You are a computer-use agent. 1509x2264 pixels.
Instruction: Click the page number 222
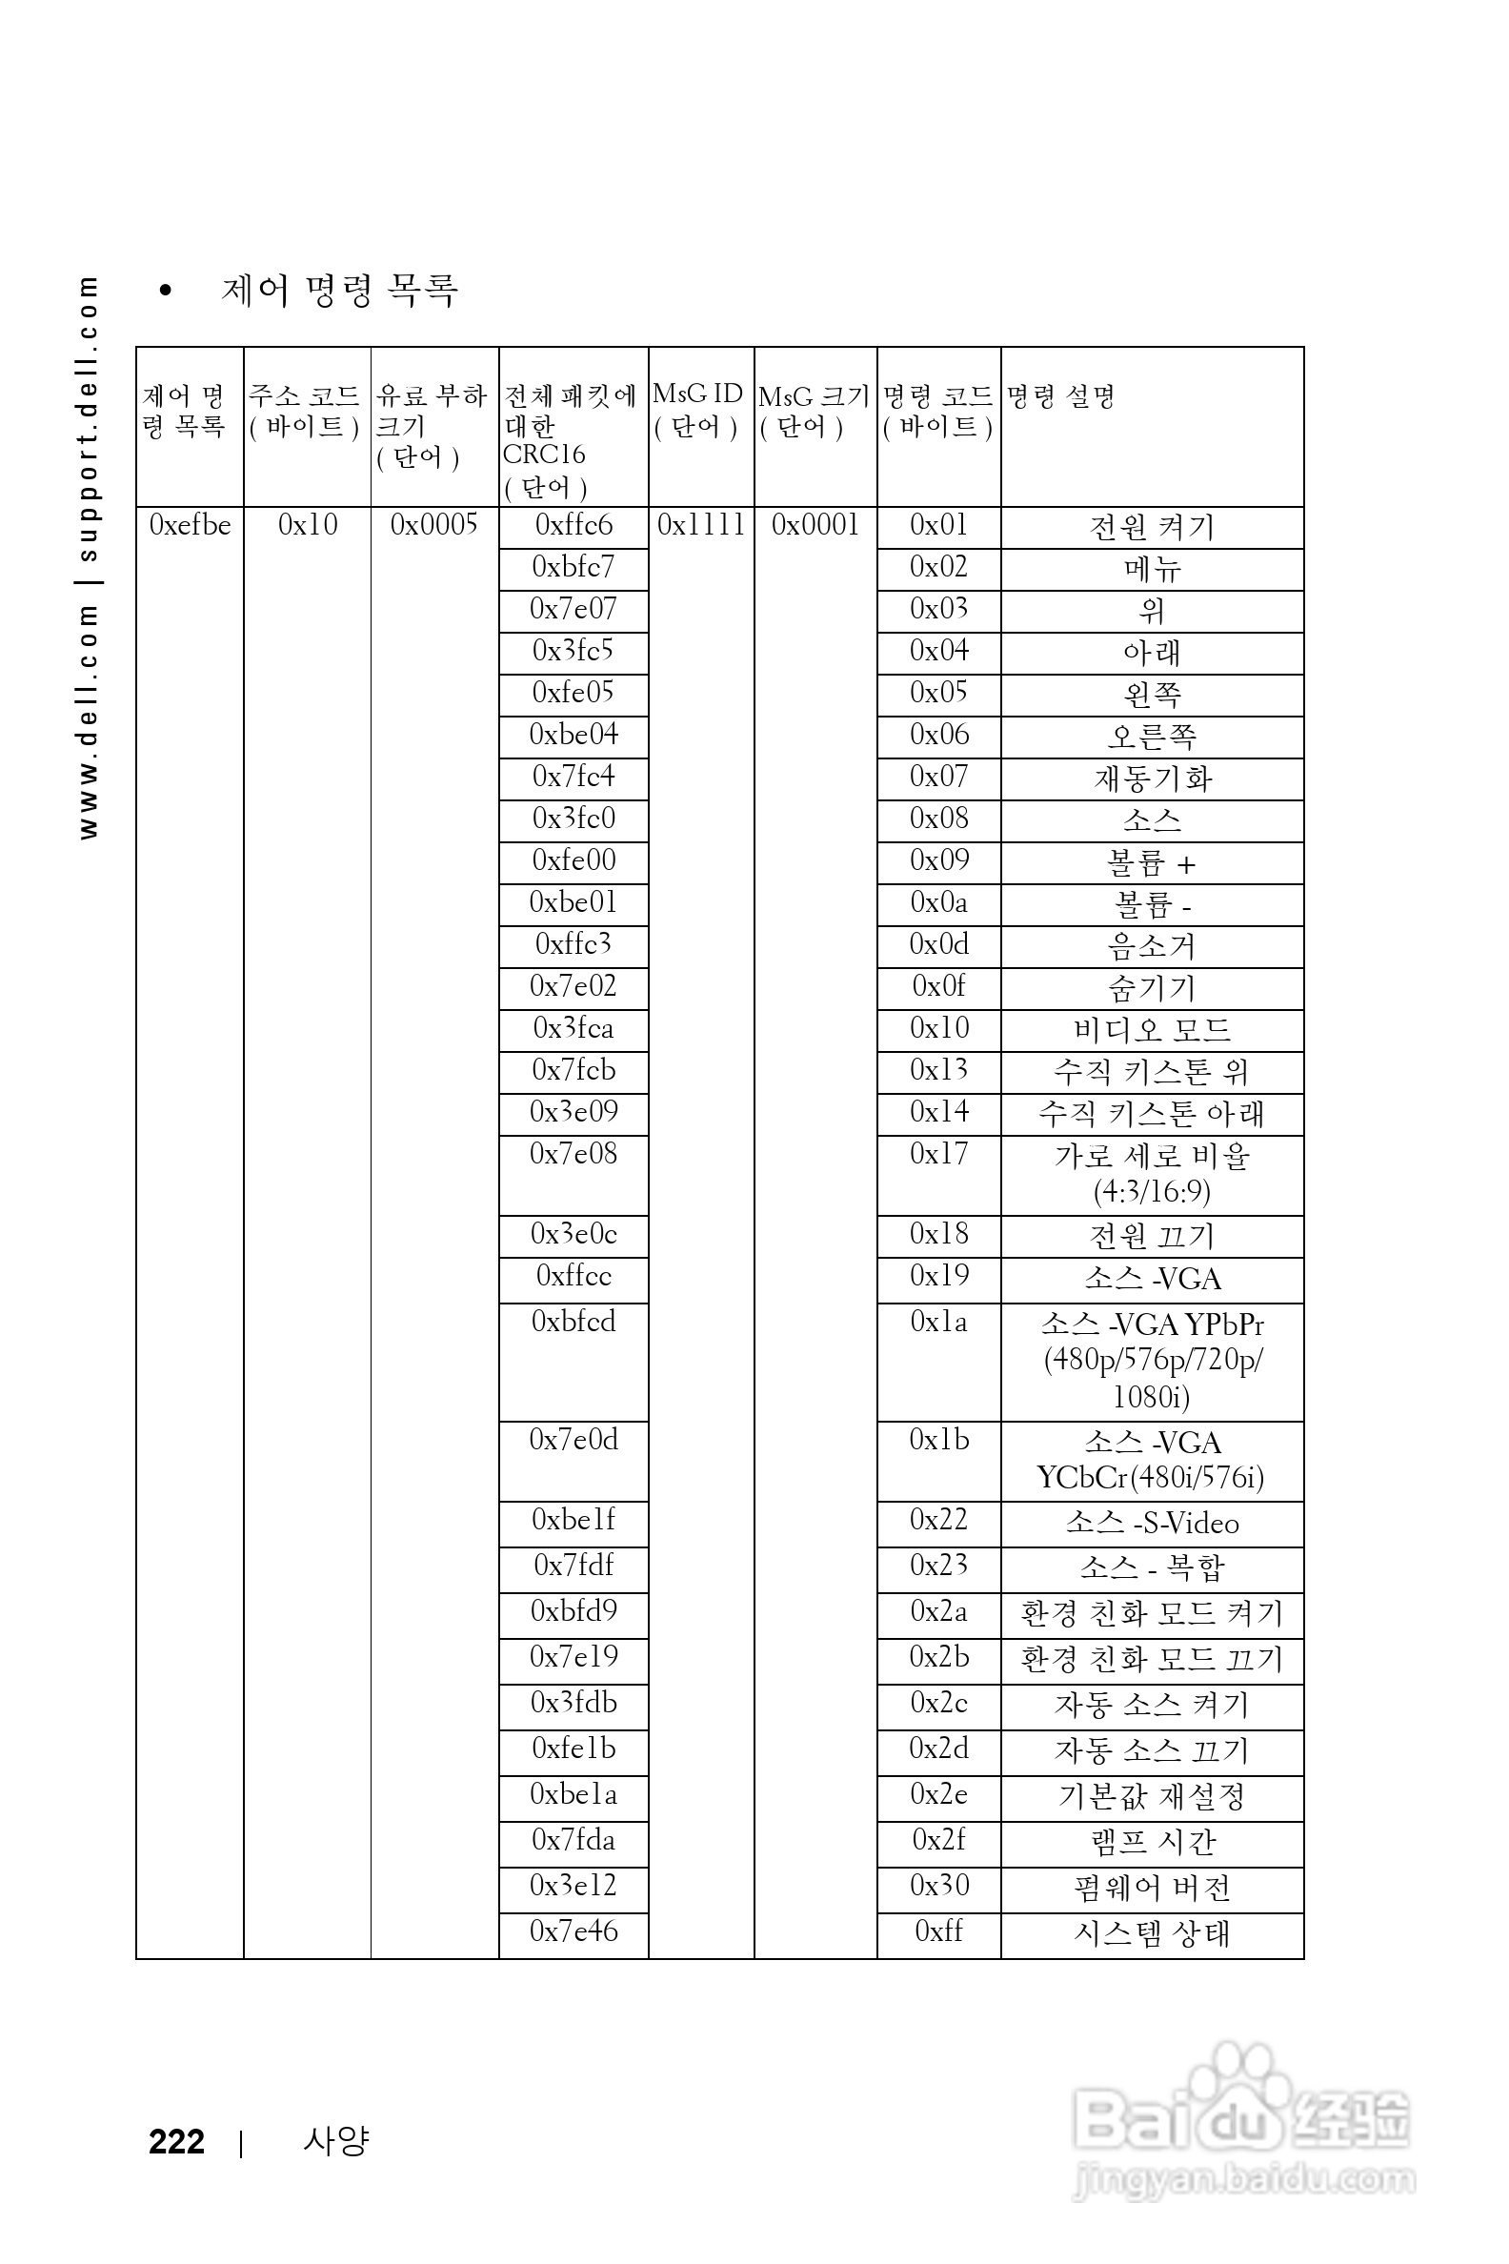pyautogui.click(x=176, y=2142)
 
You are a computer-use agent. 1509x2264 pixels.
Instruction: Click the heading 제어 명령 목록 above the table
pyautogui.click(x=339, y=290)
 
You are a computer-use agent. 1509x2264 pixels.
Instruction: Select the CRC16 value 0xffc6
pyautogui.click(x=573, y=526)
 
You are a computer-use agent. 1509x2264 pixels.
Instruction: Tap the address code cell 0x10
pyautogui.click(x=308, y=526)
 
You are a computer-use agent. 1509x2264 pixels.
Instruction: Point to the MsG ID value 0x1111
pyautogui.click(x=700, y=526)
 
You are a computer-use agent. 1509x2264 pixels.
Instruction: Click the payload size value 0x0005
pyautogui.click(x=434, y=526)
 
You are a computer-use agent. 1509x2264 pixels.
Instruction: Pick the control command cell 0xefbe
pyautogui.click(x=190, y=526)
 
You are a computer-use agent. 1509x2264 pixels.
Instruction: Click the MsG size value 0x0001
pyautogui.click(x=815, y=526)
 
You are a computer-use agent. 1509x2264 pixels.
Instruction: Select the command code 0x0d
pyautogui.click(x=938, y=944)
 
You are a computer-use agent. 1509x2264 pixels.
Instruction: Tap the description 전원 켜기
pyautogui.click(x=1152, y=528)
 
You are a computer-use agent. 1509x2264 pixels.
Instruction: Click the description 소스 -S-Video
pyautogui.click(x=1152, y=1523)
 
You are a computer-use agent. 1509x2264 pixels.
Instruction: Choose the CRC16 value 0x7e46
pyautogui.click(x=573, y=1930)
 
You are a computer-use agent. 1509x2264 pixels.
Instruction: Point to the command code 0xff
pyautogui.click(x=938, y=1930)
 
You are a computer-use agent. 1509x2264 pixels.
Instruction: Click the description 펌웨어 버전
pyautogui.click(x=1152, y=1888)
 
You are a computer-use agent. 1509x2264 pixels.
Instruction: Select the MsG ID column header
pyautogui.click(x=697, y=410)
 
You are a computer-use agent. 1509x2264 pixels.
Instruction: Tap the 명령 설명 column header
pyautogui.click(x=1060, y=396)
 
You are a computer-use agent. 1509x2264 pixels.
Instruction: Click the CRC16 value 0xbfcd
pyautogui.click(x=573, y=1322)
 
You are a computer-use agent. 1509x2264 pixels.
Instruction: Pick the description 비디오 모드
pyautogui.click(x=1152, y=1030)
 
